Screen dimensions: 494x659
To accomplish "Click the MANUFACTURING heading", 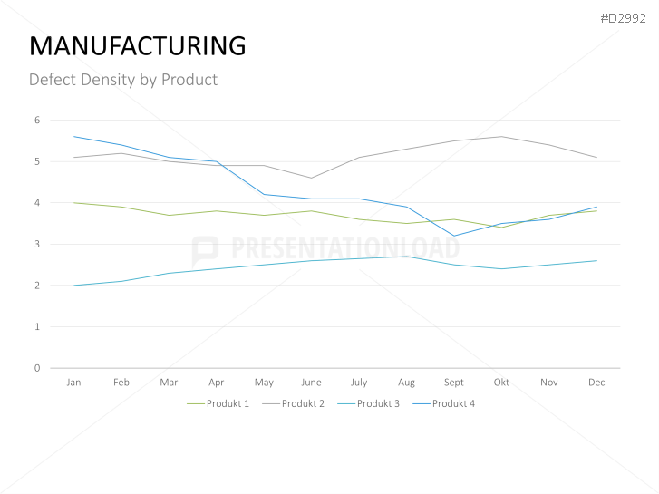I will click(138, 45).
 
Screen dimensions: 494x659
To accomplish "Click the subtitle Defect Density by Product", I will click(123, 80).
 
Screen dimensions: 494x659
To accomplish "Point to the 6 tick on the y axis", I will click(37, 120).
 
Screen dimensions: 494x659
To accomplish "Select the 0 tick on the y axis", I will click(37, 368).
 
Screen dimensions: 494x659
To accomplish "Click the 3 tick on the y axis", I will click(37, 244).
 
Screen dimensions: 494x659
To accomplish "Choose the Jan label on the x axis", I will click(73, 383).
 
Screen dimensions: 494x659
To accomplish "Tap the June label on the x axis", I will click(311, 383).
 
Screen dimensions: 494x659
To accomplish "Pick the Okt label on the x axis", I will click(501, 383).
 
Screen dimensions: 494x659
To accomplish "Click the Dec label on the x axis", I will click(596, 383).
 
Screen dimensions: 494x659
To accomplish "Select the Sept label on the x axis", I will click(454, 383).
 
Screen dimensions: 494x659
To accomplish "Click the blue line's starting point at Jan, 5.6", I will click(73, 137).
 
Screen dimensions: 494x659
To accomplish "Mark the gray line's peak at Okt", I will click(501, 137).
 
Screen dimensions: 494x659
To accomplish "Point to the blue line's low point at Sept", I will click(454, 236).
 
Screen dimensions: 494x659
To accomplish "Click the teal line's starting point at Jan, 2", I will click(73, 286).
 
